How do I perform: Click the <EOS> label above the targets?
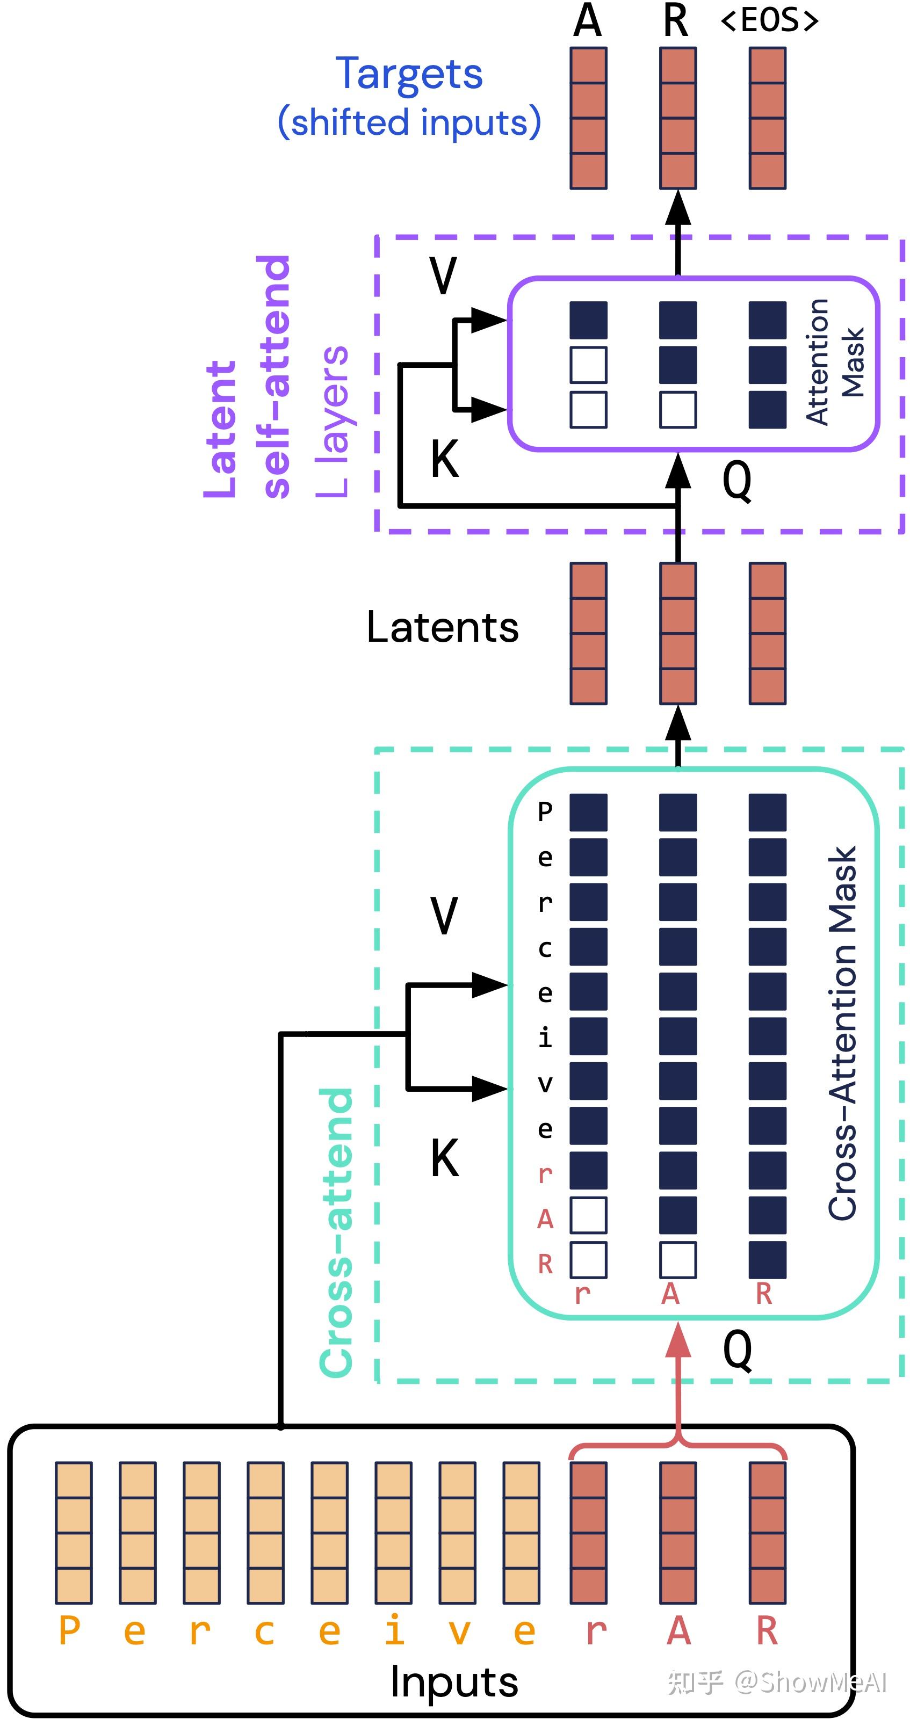[x=770, y=20]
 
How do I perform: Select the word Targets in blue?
[x=409, y=74]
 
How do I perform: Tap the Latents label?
[x=443, y=627]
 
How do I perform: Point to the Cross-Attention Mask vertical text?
[x=842, y=1033]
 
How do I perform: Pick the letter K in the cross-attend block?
[x=445, y=1158]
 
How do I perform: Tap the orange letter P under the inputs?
[x=69, y=1631]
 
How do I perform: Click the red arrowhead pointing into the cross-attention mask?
[x=678, y=1339]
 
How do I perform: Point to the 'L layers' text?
[x=333, y=422]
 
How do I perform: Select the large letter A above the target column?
[x=588, y=20]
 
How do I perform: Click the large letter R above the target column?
[x=676, y=20]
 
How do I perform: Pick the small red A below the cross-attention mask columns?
[x=670, y=1294]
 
